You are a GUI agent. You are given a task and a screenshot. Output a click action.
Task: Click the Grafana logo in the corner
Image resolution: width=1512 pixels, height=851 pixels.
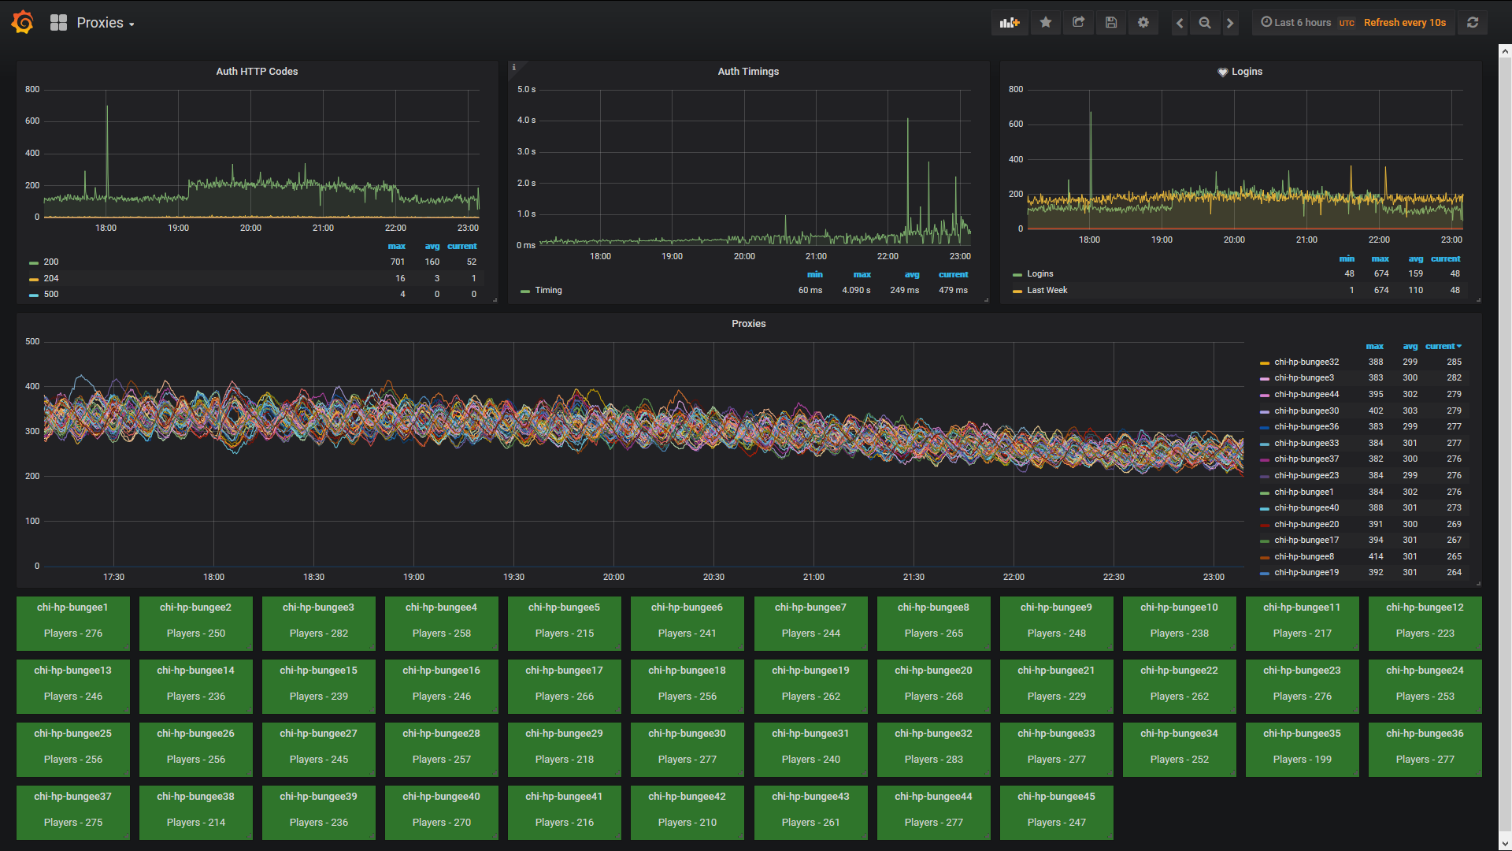[22, 22]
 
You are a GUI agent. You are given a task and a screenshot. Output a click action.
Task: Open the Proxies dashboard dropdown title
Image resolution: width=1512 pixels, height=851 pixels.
[104, 23]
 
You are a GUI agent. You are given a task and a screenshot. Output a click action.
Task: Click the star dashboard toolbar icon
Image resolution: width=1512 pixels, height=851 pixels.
[1045, 23]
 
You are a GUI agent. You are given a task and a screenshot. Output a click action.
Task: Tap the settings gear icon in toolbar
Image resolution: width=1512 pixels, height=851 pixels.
[1143, 23]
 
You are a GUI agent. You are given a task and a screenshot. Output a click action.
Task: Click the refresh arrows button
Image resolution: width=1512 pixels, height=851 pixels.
[1472, 23]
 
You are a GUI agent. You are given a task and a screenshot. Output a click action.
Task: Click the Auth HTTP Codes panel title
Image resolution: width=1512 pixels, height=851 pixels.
[257, 72]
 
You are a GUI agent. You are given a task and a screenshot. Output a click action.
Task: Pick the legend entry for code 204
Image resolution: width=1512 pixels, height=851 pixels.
[51, 278]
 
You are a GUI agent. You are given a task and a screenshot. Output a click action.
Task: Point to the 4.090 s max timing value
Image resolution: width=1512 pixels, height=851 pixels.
[856, 291]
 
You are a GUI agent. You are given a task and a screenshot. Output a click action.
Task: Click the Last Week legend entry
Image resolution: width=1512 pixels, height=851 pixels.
[1047, 291]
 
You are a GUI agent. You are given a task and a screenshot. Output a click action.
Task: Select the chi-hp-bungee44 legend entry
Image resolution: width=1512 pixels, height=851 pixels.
[1306, 395]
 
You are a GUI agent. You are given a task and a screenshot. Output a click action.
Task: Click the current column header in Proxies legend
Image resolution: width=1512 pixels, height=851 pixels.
[1442, 347]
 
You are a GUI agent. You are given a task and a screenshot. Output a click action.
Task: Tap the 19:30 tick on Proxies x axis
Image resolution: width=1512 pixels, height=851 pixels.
[513, 578]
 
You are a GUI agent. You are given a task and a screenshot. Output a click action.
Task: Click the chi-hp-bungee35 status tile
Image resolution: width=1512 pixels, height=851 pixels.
[1302, 749]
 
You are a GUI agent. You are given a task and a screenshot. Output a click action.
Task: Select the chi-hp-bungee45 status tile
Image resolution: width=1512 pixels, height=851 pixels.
[1056, 812]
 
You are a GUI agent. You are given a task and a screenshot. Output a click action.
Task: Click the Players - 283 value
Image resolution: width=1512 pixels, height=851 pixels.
[933, 760]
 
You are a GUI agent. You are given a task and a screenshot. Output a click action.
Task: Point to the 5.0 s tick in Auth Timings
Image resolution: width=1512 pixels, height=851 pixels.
[526, 90]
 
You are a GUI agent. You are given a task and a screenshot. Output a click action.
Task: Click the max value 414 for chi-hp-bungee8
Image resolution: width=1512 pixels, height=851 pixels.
[1375, 557]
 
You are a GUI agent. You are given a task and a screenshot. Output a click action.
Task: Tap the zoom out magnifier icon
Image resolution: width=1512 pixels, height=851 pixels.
[1204, 23]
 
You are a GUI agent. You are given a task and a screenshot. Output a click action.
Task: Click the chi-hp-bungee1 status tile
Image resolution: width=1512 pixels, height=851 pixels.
[72, 622]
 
